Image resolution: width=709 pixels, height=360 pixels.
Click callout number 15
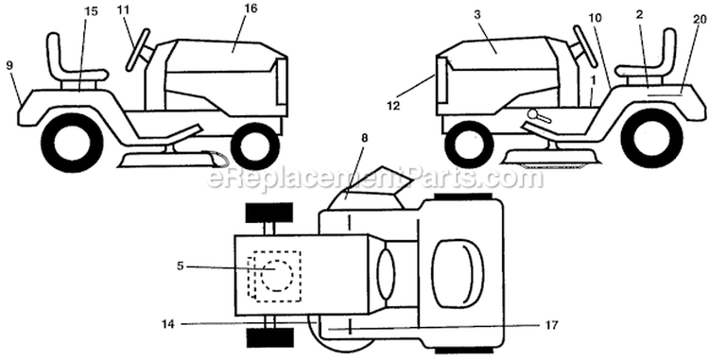point(92,11)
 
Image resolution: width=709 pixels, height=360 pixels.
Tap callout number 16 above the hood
point(251,9)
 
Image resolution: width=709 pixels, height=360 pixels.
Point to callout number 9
point(9,64)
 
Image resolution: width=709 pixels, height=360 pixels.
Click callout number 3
point(476,14)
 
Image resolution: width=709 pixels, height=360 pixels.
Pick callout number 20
point(699,19)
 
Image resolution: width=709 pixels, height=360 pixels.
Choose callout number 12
point(393,106)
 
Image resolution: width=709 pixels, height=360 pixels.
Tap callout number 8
point(365,138)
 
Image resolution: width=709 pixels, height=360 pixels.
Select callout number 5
point(180,266)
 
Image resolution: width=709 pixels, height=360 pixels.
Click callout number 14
point(167,323)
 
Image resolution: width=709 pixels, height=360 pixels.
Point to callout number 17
point(552,325)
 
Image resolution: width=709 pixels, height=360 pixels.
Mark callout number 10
point(595,17)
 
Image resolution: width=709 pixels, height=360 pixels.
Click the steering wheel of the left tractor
point(138,49)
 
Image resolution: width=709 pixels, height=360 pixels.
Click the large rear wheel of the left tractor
point(73,143)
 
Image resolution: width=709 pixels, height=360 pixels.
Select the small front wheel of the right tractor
point(469,145)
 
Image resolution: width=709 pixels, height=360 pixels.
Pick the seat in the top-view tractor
point(458,274)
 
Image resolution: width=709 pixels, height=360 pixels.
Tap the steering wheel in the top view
point(386,274)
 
